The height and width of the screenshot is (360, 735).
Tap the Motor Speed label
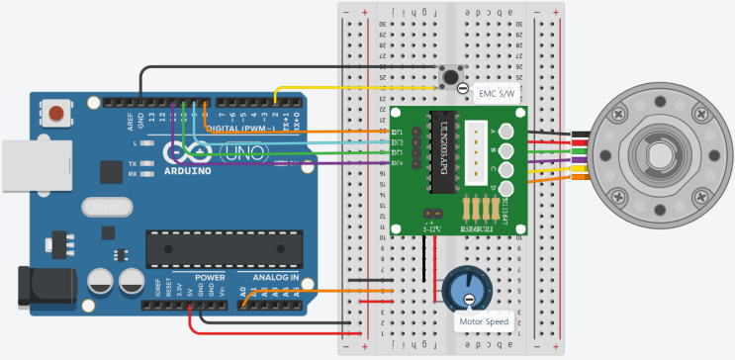(482, 321)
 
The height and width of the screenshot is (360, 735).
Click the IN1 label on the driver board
(398, 132)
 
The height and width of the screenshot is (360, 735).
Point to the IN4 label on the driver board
(398, 163)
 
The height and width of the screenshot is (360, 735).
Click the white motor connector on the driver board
(480, 153)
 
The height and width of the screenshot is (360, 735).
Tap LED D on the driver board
(506, 188)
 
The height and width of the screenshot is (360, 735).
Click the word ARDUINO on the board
(188, 170)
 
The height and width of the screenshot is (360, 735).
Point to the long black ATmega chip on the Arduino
(224, 248)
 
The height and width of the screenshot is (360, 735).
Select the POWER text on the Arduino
(209, 278)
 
